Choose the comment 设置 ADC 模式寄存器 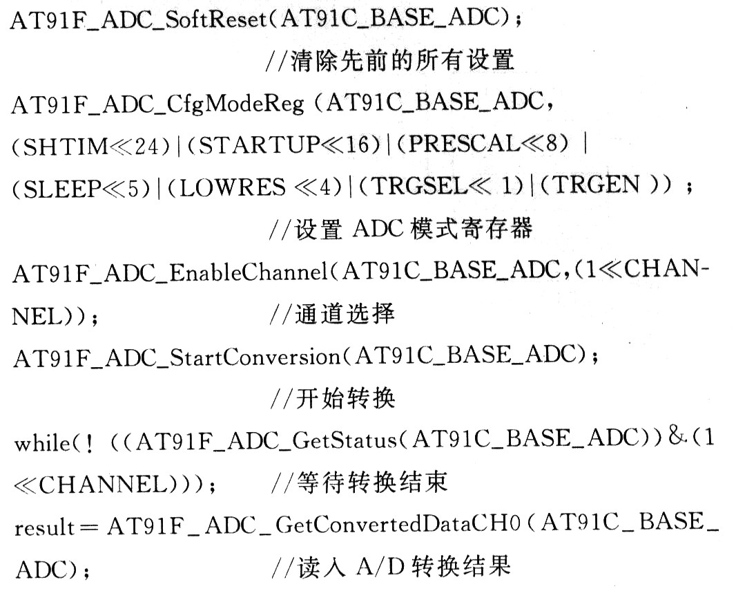click(x=400, y=230)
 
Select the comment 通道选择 click(x=333, y=315)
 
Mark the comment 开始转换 click(x=333, y=400)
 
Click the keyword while click(x=39, y=442)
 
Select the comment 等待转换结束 click(x=359, y=483)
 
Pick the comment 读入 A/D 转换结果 click(x=391, y=568)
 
